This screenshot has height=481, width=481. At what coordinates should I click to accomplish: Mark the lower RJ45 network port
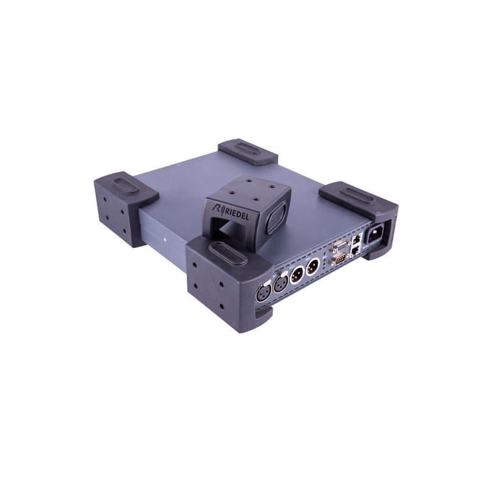click(x=355, y=253)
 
